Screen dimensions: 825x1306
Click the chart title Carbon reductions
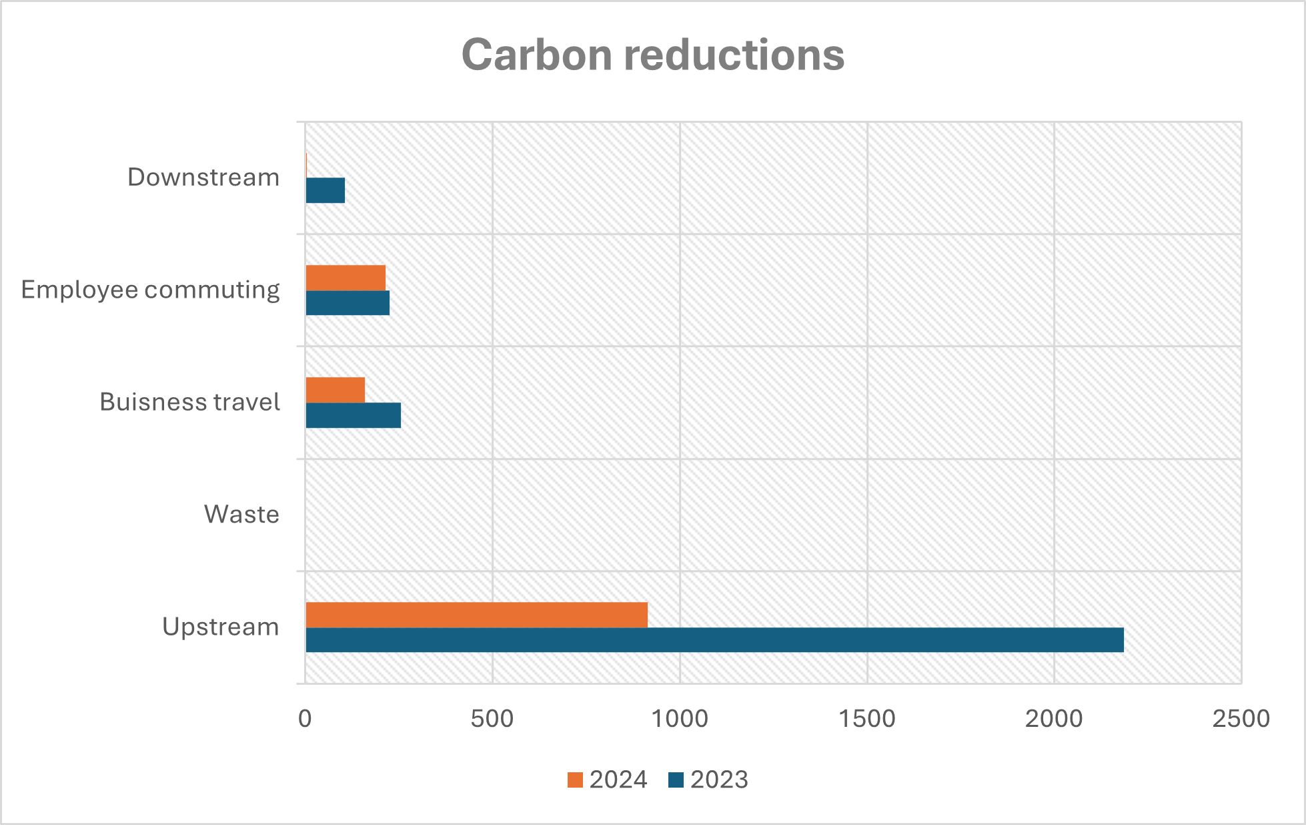[652, 54]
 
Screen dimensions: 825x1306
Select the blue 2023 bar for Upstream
[714, 639]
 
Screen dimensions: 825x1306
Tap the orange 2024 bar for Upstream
[476, 615]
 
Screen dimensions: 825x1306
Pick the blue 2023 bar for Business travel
[353, 415]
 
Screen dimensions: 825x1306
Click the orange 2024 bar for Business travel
[335, 390]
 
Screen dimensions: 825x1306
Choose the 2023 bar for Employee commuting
[347, 302]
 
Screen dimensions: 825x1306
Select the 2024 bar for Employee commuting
[345, 278]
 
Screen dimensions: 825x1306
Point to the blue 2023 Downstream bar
[325, 190]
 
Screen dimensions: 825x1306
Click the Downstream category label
[203, 178]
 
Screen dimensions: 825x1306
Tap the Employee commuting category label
[150, 290]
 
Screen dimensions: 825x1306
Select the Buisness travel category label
[189, 402]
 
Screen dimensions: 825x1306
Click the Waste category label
[241, 515]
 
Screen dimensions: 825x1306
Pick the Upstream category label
[220, 627]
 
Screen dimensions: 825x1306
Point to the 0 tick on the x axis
[305, 719]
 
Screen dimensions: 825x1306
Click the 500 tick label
[492, 719]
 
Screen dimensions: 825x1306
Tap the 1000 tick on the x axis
[679, 719]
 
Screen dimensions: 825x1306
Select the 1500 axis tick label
[866, 719]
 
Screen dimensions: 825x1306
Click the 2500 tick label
[1241, 719]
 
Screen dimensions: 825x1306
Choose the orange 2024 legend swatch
[575, 780]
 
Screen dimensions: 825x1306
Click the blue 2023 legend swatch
[676, 780]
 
